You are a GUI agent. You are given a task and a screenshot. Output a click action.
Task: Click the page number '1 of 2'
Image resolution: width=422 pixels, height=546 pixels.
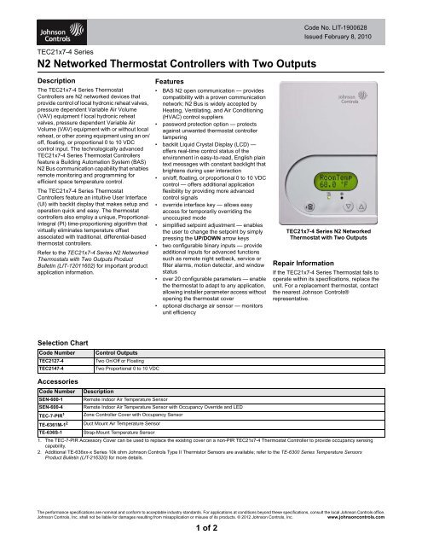click(211, 531)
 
